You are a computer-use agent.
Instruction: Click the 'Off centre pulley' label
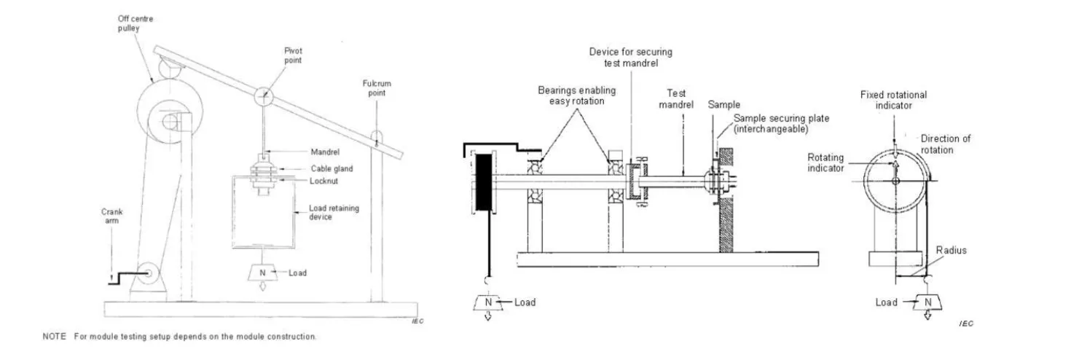coord(136,23)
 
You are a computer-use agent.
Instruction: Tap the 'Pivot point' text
coord(293,55)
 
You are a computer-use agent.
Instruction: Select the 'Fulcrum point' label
coord(377,88)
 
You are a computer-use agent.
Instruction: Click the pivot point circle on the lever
coord(264,97)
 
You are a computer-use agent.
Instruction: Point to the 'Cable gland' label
coord(331,169)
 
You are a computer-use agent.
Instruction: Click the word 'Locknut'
coord(323,181)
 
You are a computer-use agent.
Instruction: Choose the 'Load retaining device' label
coord(334,212)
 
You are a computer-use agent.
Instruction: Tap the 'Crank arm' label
coord(112,216)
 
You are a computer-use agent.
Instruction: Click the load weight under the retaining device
coord(262,273)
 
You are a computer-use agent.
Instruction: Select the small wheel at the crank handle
coord(148,273)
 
